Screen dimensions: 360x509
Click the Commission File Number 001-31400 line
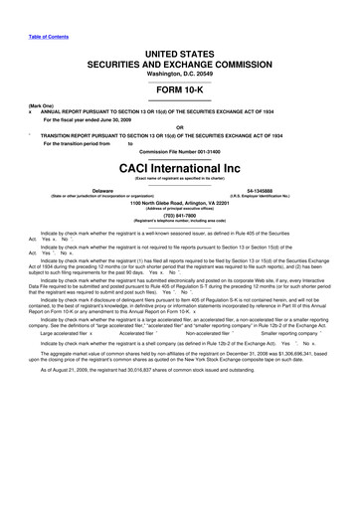pos(180,150)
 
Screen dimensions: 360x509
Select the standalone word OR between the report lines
pos(180,125)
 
